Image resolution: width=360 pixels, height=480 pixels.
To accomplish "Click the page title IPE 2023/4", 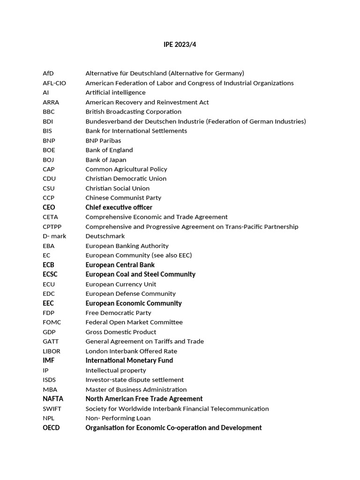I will click(x=177, y=45).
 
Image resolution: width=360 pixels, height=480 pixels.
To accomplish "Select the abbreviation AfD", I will click(x=48, y=73).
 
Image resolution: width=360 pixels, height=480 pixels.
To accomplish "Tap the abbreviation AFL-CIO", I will click(x=54, y=83).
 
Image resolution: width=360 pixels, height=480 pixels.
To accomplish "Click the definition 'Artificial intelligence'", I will click(x=115, y=92).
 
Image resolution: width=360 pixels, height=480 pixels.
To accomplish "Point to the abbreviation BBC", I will click(x=49, y=112).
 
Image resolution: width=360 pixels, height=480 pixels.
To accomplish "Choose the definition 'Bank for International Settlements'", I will click(x=136, y=131).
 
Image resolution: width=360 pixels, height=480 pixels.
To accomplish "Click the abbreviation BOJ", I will click(x=49, y=159).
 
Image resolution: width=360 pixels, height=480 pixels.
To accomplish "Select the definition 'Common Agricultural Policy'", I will click(x=126, y=169).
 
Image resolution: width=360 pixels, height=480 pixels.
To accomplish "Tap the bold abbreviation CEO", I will click(x=49, y=207).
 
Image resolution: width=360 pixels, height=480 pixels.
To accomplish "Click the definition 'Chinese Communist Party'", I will click(x=123, y=198).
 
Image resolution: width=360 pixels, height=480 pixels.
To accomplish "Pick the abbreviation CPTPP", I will click(x=52, y=226).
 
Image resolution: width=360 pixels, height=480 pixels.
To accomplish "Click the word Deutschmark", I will click(x=105, y=236).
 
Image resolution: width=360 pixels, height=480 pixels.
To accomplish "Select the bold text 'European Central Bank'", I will click(x=120, y=265).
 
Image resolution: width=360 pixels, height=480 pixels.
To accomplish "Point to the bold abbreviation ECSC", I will click(x=50, y=274).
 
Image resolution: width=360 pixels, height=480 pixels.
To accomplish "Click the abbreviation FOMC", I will click(x=52, y=322).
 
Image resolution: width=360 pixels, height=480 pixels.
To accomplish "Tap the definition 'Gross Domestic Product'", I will click(x=120, y=332).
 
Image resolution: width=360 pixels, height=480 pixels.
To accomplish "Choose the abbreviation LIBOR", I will click(x=52, y=351).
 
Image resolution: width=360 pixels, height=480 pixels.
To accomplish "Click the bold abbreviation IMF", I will click(x=49, y=360).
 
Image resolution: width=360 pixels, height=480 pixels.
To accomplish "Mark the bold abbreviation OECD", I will click(x=51, y=427).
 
